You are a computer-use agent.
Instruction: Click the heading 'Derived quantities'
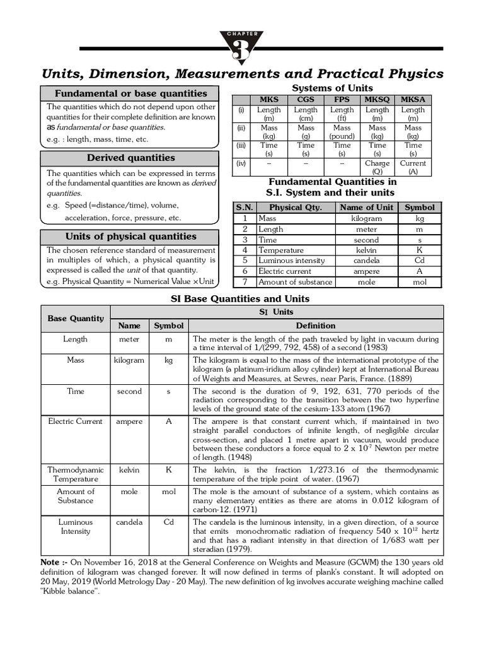pos(130,158)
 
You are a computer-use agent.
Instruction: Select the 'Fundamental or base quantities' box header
pos(130,93)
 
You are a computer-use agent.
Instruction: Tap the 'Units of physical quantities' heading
pos(130,237)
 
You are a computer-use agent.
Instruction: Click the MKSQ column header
pos(377,100)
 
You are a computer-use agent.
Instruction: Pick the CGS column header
pos(306,100)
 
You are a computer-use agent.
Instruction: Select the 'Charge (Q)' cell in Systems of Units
pos(377,167)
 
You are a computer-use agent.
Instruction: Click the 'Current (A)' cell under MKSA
pos(413,167)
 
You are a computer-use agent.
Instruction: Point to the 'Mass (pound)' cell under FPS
pos(342,132)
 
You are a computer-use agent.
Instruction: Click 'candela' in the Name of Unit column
pos(366,261)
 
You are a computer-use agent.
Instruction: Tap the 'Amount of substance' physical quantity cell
pos(294,283)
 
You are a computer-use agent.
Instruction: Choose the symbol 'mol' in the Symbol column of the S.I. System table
pos(419,283)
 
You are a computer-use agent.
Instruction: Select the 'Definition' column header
pos(316,326)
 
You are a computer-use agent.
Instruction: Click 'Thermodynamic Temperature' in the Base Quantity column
pos(76,474)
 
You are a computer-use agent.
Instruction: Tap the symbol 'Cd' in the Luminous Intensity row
pos(168,522)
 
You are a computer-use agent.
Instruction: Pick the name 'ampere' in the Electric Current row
pos(129,421)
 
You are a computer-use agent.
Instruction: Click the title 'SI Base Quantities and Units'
pos(241,298)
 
